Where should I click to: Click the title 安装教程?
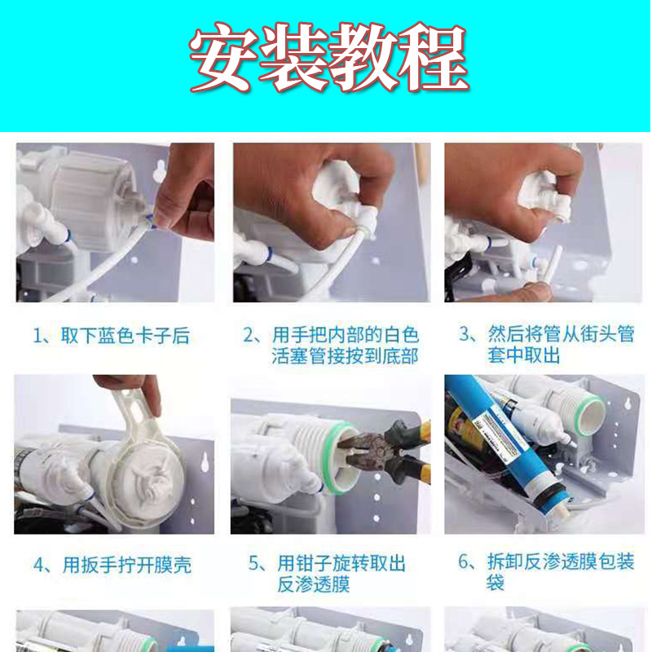pyautogui.click(x=329, y=57)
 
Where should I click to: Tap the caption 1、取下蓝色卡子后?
pyautogui.click(x=112, y=336)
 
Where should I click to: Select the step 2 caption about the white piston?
pyautogui.click(x=331, y=345)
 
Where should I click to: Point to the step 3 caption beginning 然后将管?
pyautogui.click(x=546, y=344)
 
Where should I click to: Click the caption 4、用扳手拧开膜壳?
pyautogui.click(x=112, y=565)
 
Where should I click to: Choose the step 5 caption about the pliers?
pyautogui.click(x=327, y=574)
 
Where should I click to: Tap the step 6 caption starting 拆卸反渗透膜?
pyautogui.click(x=546, y=571)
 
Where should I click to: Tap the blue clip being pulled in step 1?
pyautogui.click(x=151, y=220)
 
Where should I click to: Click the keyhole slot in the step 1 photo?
pyautogui.click(x=159, y=171)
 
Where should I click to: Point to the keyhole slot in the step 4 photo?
pyautogui.click(x=205, y=462)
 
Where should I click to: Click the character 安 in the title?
pyautogui.click(x=222, y=57)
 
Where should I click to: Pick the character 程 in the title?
pyautogui.click(x=434, y=57)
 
